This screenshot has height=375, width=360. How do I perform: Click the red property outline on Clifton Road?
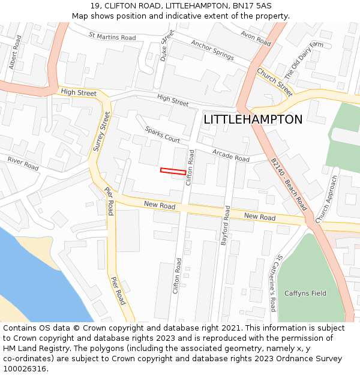click(x=173, y=172)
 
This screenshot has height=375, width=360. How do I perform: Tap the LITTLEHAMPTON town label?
click(x=253, y=119)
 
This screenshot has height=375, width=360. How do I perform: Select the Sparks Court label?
click(x=162, y=134)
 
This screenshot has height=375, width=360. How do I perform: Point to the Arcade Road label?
click(x=231, y=155)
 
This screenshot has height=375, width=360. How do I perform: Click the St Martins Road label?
click(x=112, y=37)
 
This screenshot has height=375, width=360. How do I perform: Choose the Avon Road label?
click(x=256, y=38)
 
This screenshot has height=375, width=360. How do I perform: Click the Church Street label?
click(x=275, y=82)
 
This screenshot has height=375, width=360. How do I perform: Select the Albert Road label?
click(x=15, y=51)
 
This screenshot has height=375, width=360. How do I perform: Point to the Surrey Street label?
click(x=101, y=131)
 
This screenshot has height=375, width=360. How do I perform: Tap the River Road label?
click(x=23, y=164)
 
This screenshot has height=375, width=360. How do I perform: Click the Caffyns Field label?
click(x=305, y=293)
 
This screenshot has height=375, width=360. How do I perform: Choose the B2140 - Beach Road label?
click(x=289, y=184)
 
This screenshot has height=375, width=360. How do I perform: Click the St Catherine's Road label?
click(x=275, y=283)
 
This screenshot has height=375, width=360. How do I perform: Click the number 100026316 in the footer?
click(x=25, y=368)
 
